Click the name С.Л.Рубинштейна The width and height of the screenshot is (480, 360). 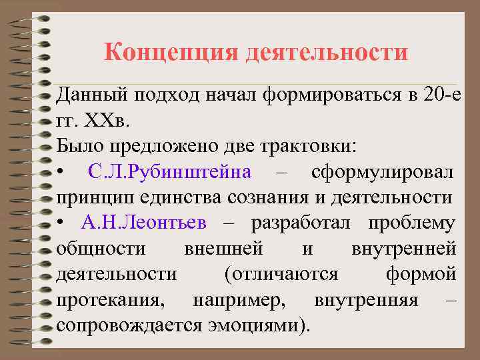170,172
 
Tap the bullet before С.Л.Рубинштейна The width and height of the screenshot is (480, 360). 61,173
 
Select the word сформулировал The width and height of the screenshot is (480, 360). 383,172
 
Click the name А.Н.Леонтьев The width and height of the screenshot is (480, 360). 145,223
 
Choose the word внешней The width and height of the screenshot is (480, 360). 223,249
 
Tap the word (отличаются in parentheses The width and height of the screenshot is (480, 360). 281,274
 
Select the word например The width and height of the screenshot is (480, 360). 239,300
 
